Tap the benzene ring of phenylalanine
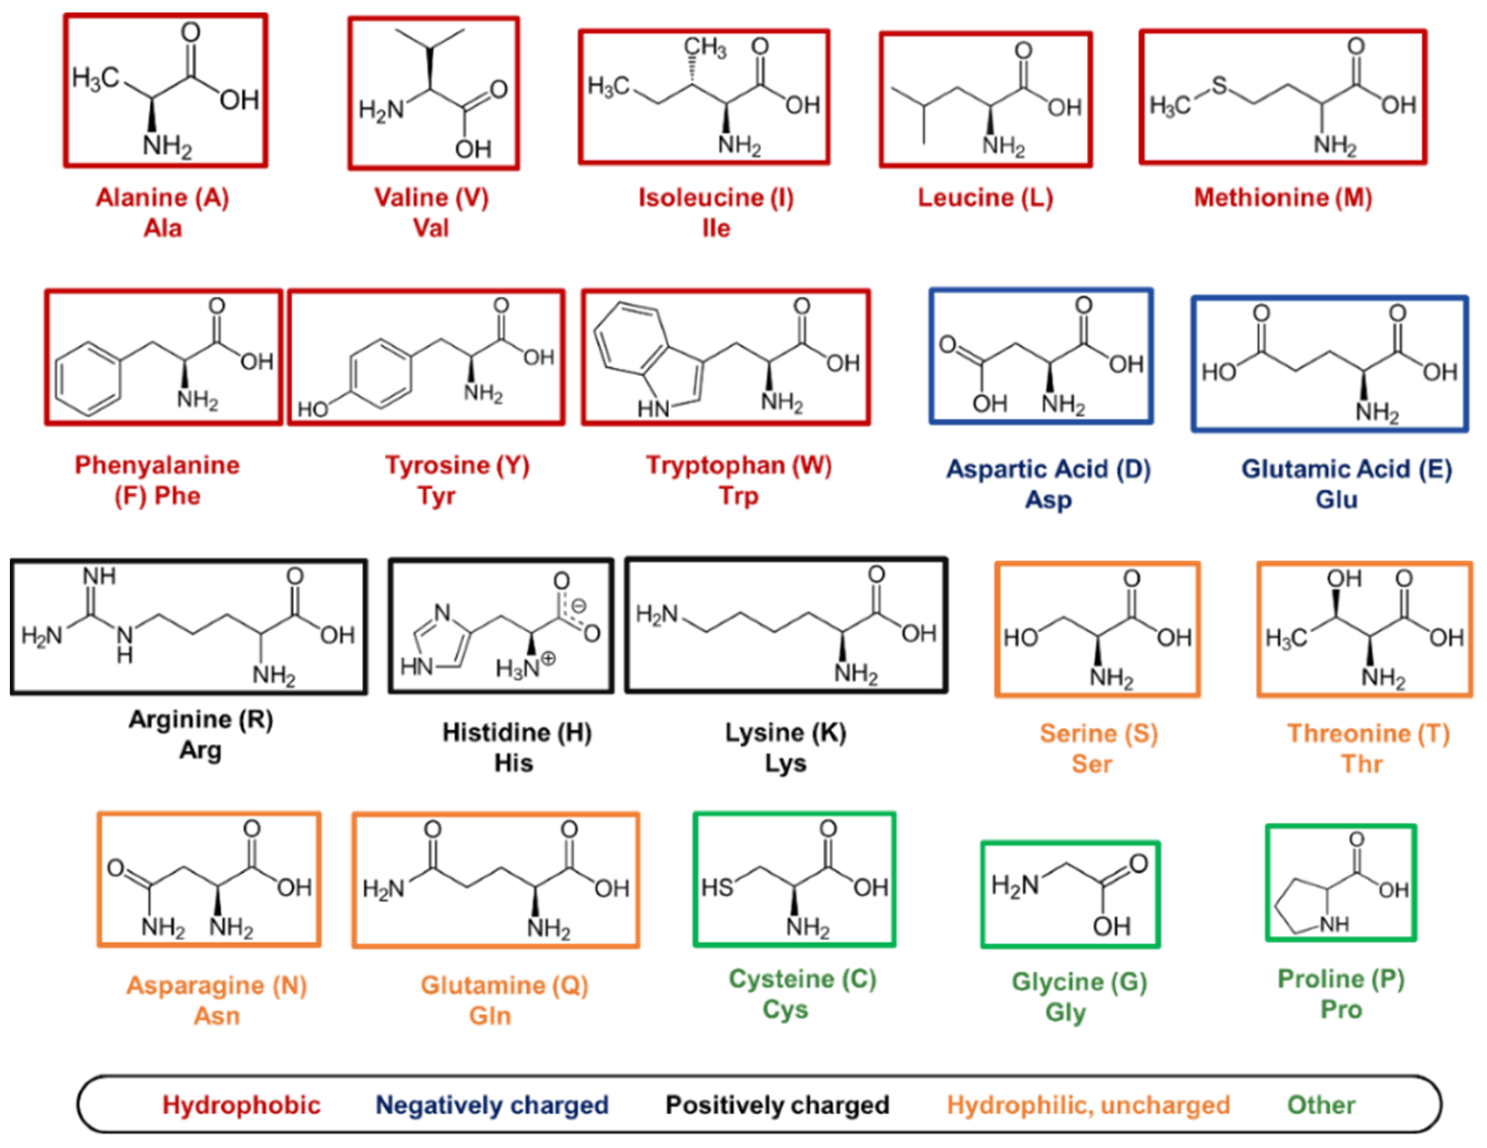[88, 378]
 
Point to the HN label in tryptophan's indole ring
[653, 408]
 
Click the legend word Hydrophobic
[241, 1105]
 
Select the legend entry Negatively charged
[492, 1105]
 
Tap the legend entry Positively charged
[777, 1105]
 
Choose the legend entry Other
[1321, 1105]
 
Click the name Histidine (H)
[517, 733]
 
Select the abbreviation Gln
[489, 1016]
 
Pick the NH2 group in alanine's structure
[167, 147]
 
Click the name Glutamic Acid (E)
[1346, 469]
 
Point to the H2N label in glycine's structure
[1014, 885]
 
